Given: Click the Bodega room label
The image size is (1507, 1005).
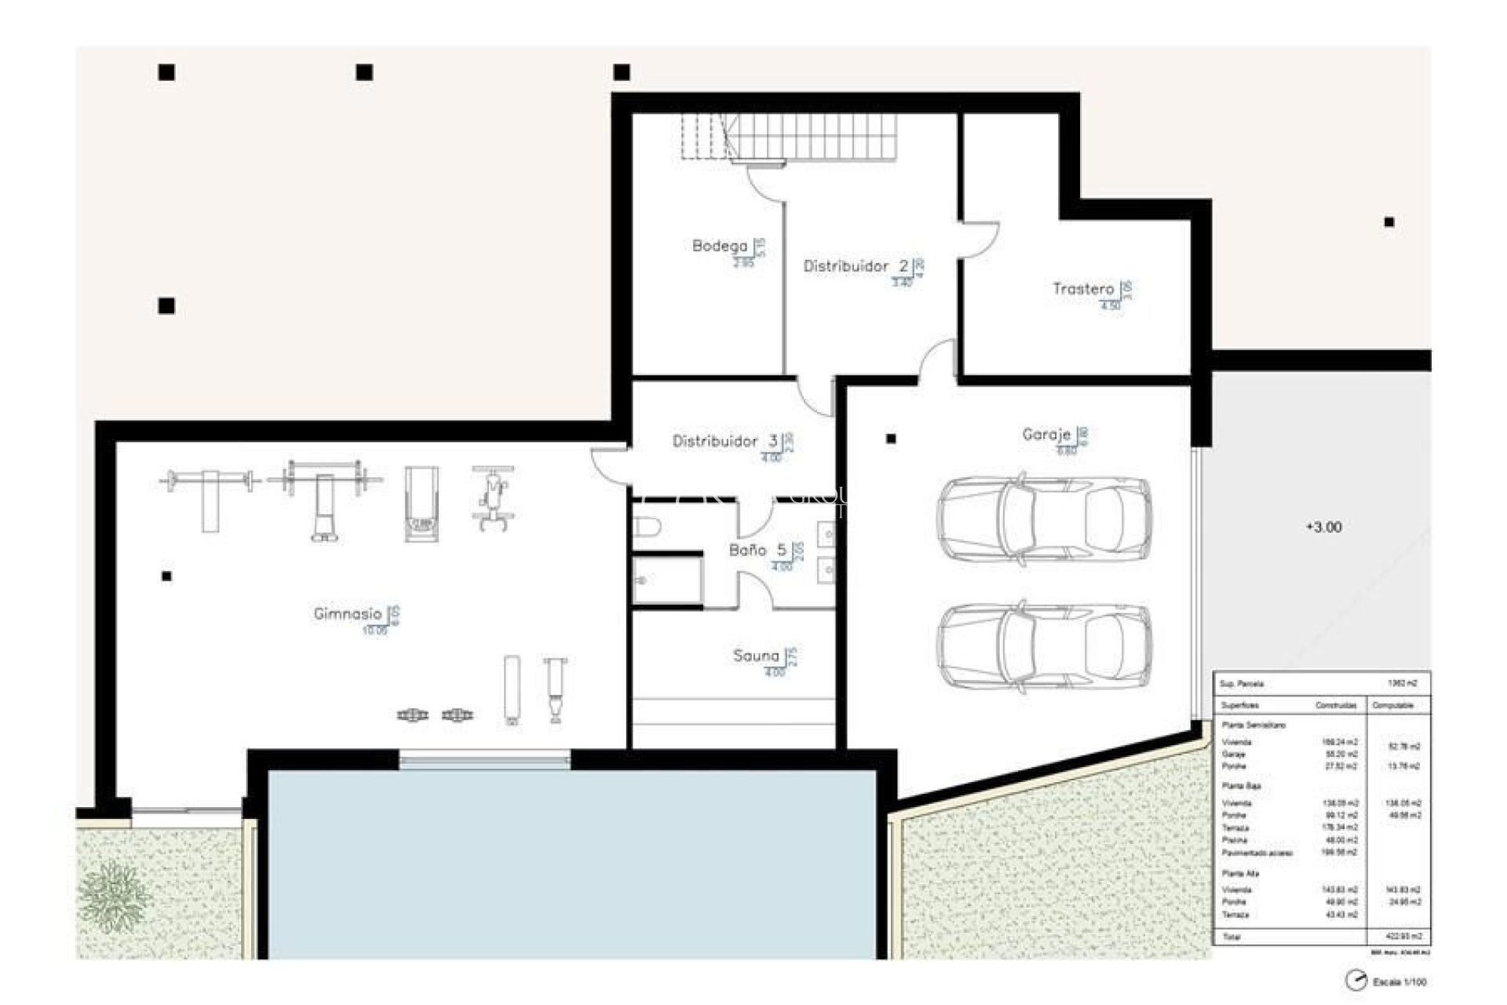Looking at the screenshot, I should tap(719, 247).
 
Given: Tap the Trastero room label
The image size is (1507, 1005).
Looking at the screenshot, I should tap(1082, 289).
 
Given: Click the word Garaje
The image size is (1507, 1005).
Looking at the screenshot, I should tap(1045, 434).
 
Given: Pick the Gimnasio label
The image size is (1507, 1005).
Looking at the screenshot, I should tap(347, 614).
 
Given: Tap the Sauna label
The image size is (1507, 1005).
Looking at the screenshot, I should tap(755, 656).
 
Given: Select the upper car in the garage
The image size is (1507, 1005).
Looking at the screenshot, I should tap(1044, 518).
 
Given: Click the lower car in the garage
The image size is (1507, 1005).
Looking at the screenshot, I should tap(1044, 647).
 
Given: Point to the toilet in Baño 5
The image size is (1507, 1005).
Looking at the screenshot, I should tap(647, 527).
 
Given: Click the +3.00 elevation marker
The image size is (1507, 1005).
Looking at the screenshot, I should tap(1323, 528).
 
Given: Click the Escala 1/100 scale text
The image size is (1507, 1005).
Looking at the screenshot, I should tap(1399, 981).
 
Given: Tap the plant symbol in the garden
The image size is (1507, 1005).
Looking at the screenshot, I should tap(115, 896).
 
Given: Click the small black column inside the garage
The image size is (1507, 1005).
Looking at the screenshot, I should tap(891, 439).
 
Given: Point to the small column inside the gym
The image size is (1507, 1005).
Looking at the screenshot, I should tap(166, 576).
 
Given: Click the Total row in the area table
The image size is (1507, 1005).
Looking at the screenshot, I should tap(1321, 937).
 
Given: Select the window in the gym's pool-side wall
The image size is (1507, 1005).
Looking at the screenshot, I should tap(484, 759).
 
